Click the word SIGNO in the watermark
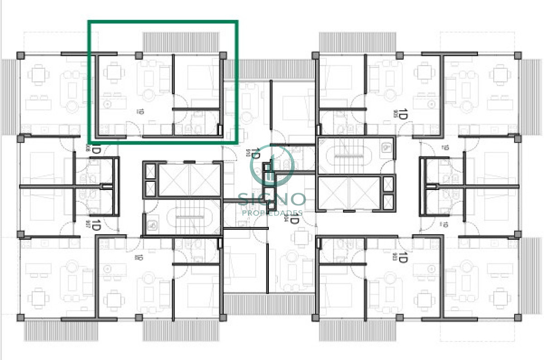pos(272,199)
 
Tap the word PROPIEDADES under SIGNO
pos(272,213)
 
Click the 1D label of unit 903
pos(401,260)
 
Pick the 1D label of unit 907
pos(96,224)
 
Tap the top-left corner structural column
pos(20,55)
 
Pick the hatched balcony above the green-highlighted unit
pos(181,42)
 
